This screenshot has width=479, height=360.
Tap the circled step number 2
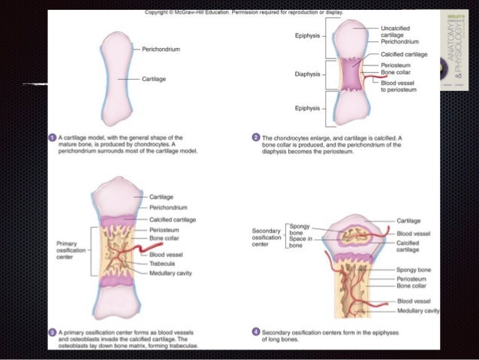pos(257,138)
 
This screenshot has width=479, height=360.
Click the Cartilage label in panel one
pos(155,78)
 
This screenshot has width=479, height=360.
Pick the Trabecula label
pos(164,263)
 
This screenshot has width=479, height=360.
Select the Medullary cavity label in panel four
pos(417,310)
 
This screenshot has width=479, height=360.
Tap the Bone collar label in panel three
pos(164,237)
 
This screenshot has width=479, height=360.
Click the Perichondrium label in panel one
pos(160,49)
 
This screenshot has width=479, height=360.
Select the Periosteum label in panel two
pos(395,65)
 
